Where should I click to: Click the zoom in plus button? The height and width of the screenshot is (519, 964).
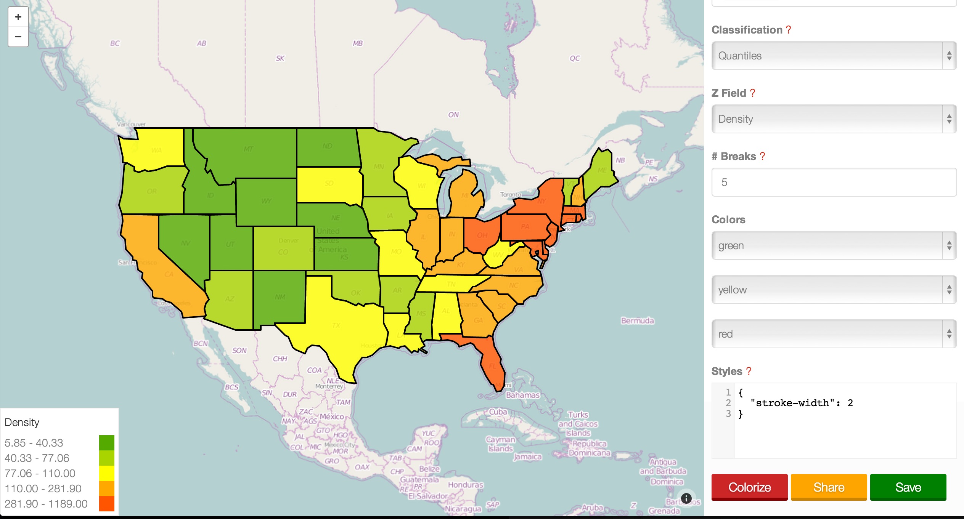click(x=18, y=17)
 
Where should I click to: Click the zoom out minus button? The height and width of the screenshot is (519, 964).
click(x=18, y=37)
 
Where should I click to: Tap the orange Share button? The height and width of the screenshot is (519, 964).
click(x=829, y=487)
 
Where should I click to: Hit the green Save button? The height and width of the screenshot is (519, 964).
click(x=908, y=487)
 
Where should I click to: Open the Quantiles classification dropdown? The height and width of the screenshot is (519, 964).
click(x=834, y=56)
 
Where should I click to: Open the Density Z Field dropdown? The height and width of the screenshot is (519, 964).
click(x=834, y=119)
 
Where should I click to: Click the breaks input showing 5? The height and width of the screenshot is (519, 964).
click(x=834, y=182)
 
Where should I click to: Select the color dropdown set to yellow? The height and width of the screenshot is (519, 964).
click(x=834, y=290)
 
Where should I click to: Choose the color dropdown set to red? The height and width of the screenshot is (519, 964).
click(x=834, y=334)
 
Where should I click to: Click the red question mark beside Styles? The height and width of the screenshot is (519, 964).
click(x=749, y=371)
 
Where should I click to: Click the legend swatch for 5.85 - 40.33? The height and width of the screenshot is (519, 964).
click(x=107, y=443)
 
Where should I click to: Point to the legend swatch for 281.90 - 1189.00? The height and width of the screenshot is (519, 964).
click(x=107, y=504)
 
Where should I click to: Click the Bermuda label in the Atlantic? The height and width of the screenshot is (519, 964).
click(x=637, y=321)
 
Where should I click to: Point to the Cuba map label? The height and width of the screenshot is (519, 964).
click(x=498, y=412)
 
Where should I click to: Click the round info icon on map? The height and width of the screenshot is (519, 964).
click(x=686, y=498)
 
